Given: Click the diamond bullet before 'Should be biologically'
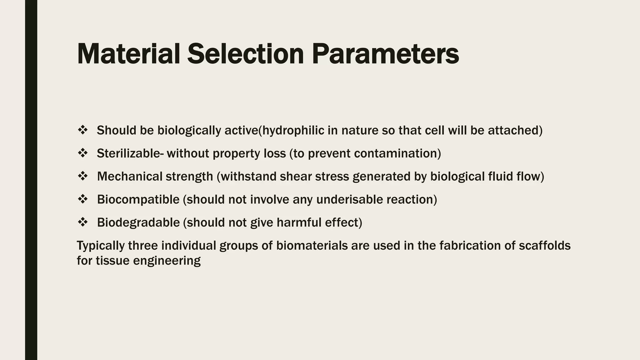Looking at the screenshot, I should [82, 130].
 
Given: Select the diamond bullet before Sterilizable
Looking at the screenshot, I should [82, 153].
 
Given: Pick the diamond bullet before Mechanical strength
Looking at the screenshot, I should [82, 176].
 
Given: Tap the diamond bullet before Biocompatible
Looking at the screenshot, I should [82, 199].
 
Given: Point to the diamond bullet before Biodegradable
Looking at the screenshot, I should [82, 222].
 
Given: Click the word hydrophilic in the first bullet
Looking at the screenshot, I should [293, 130].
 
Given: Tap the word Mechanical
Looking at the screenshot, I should [129, 177].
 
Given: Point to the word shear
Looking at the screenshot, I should [296, 177].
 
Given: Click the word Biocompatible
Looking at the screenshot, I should [138, 199].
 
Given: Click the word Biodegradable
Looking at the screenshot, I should [138, 222].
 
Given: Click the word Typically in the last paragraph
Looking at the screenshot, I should [101, 246].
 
